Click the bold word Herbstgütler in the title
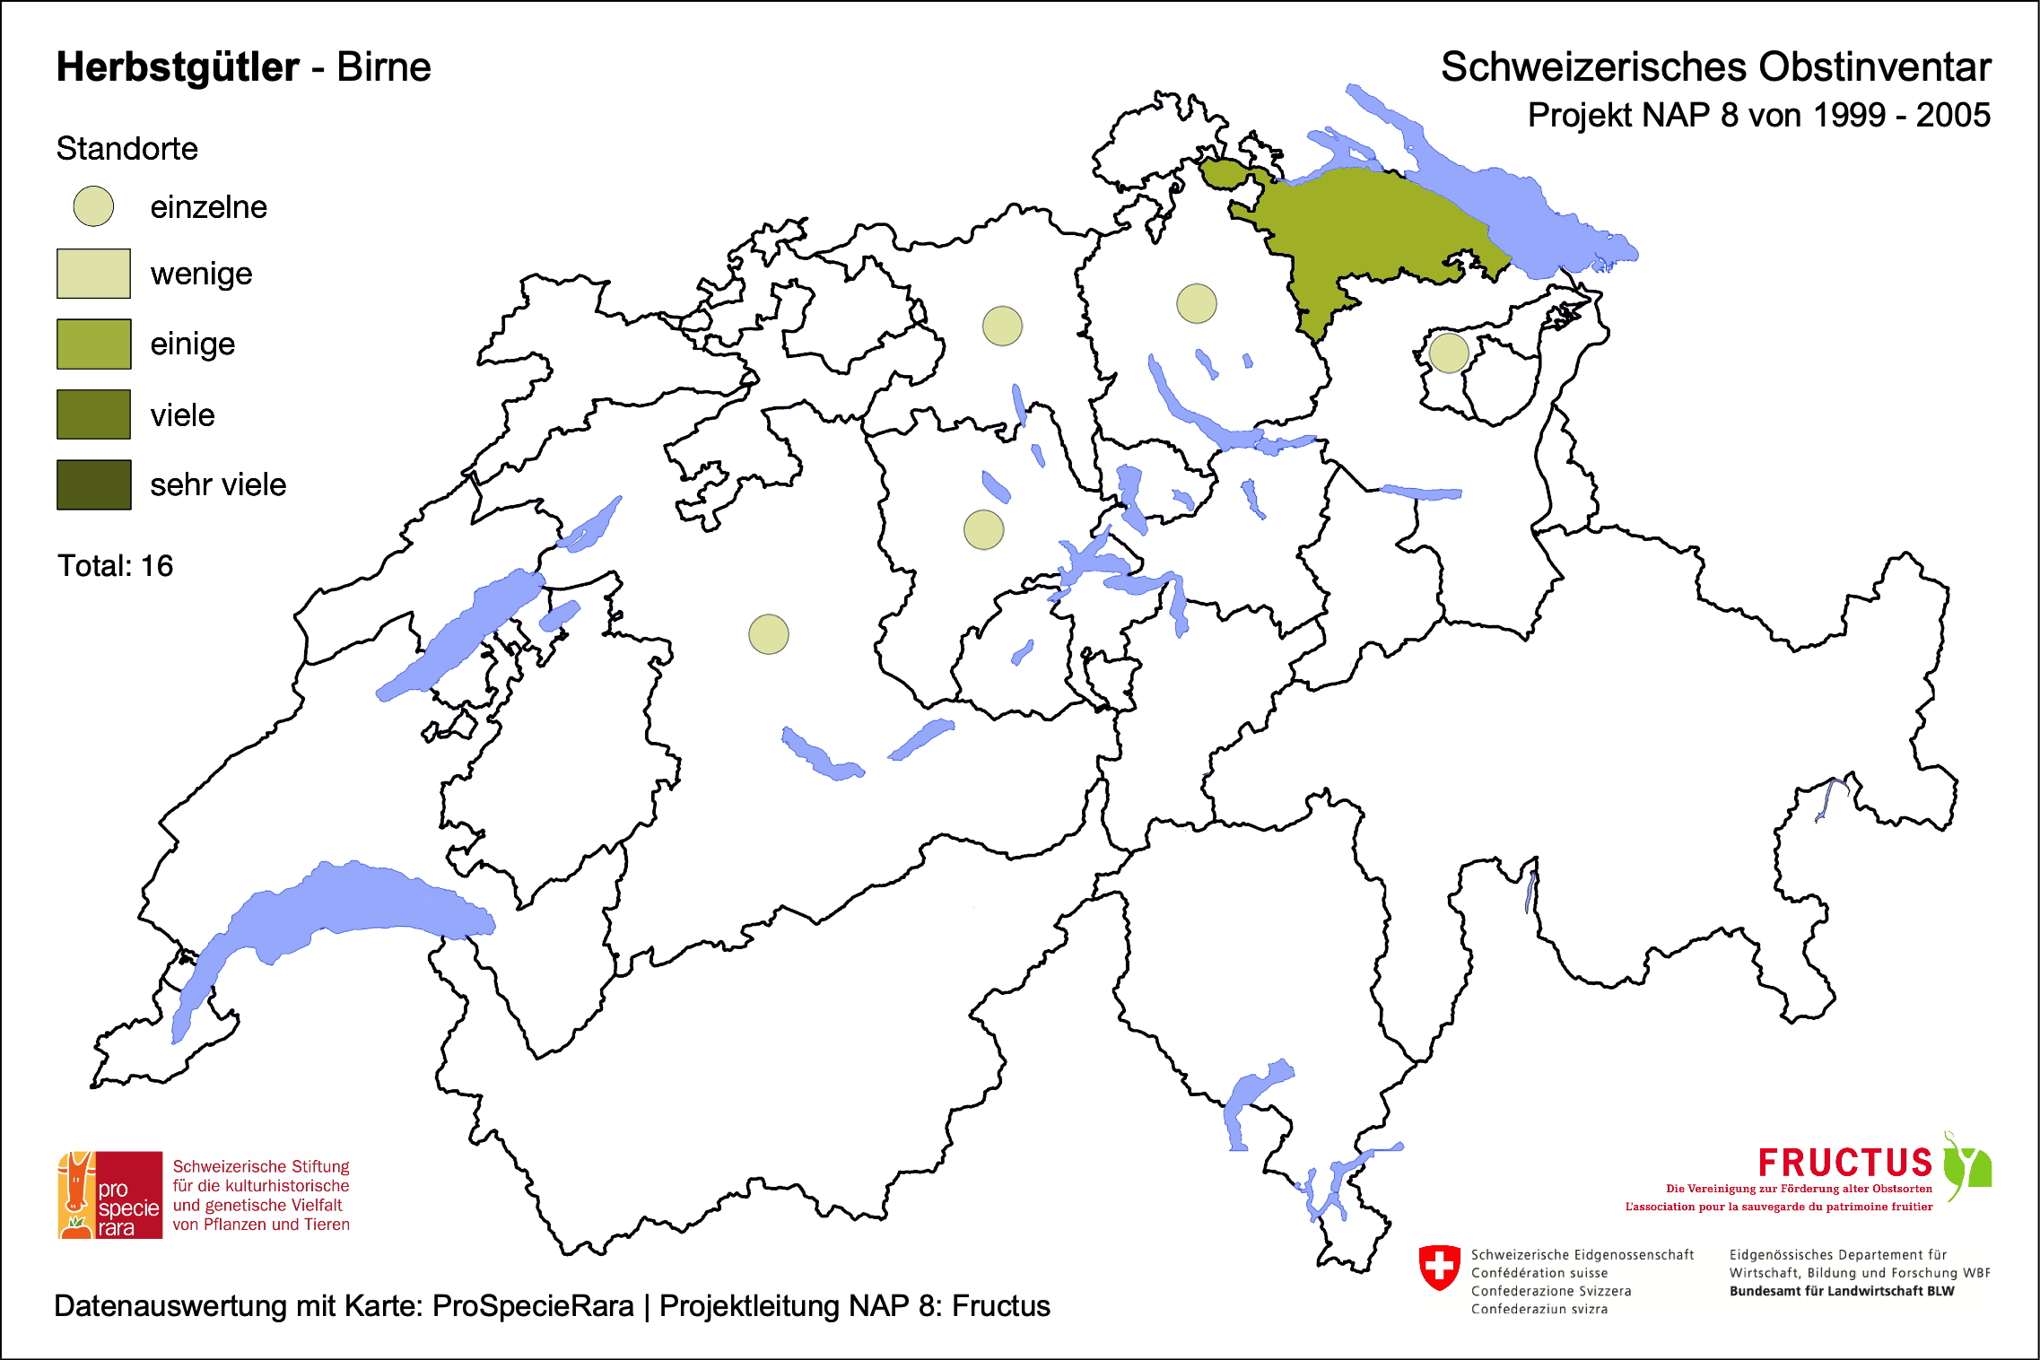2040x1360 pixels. coord(178,67)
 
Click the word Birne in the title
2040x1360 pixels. coord(383,67)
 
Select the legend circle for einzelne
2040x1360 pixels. coord(93,206)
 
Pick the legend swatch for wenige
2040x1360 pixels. coord(93,274)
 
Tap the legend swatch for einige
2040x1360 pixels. coord(93,344)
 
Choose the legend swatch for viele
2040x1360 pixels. coord(93,414)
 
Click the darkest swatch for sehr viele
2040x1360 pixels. coord(93,484)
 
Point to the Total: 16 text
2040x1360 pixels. coord(115,566)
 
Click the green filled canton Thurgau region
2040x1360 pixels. coord(1364,233)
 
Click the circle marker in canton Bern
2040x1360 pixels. coord(769,634)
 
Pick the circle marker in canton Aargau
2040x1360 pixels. coord(1002,326)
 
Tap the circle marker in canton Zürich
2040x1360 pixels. coord(1197,303)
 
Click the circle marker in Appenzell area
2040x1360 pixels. coord(1449,353)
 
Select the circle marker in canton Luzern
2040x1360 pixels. coord(983,529)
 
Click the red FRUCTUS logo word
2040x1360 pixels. coord(1844,1164)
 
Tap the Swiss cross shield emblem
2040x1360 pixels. coord(1440,1267)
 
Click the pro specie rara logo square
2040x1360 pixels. coord(110,1195)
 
